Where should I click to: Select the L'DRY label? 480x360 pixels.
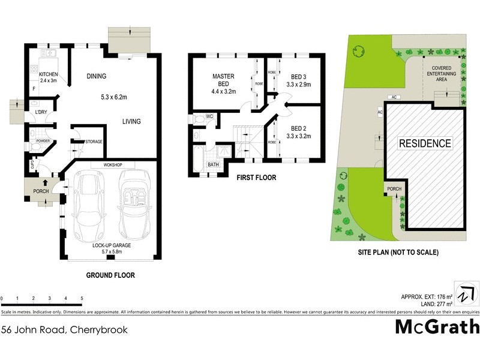pyautogui.click(x=41, y=113)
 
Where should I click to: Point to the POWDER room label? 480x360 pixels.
pyautogui.click(x=43, y=141)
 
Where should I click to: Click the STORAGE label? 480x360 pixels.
pyautogui.click(x=93, y=142)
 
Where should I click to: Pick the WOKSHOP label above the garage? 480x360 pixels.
pyautogui.click(x=113, y=164)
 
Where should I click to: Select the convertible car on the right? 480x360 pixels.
pyautogui.click(x=133, y=205)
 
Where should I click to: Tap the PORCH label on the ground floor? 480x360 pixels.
pyautogui.click(x=41, y=191)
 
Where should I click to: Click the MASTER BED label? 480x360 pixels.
pyautogui.click(x=223, y=84)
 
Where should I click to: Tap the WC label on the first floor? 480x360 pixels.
pyautogui.click(x=210, y=116)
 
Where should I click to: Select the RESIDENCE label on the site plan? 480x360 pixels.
pyautogui.click(x=425, y=143)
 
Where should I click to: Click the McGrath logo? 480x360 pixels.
pyautogui.click(x=437, y=327)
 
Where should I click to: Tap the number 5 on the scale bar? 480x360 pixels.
pyautogui.click(x=82, y=298)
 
